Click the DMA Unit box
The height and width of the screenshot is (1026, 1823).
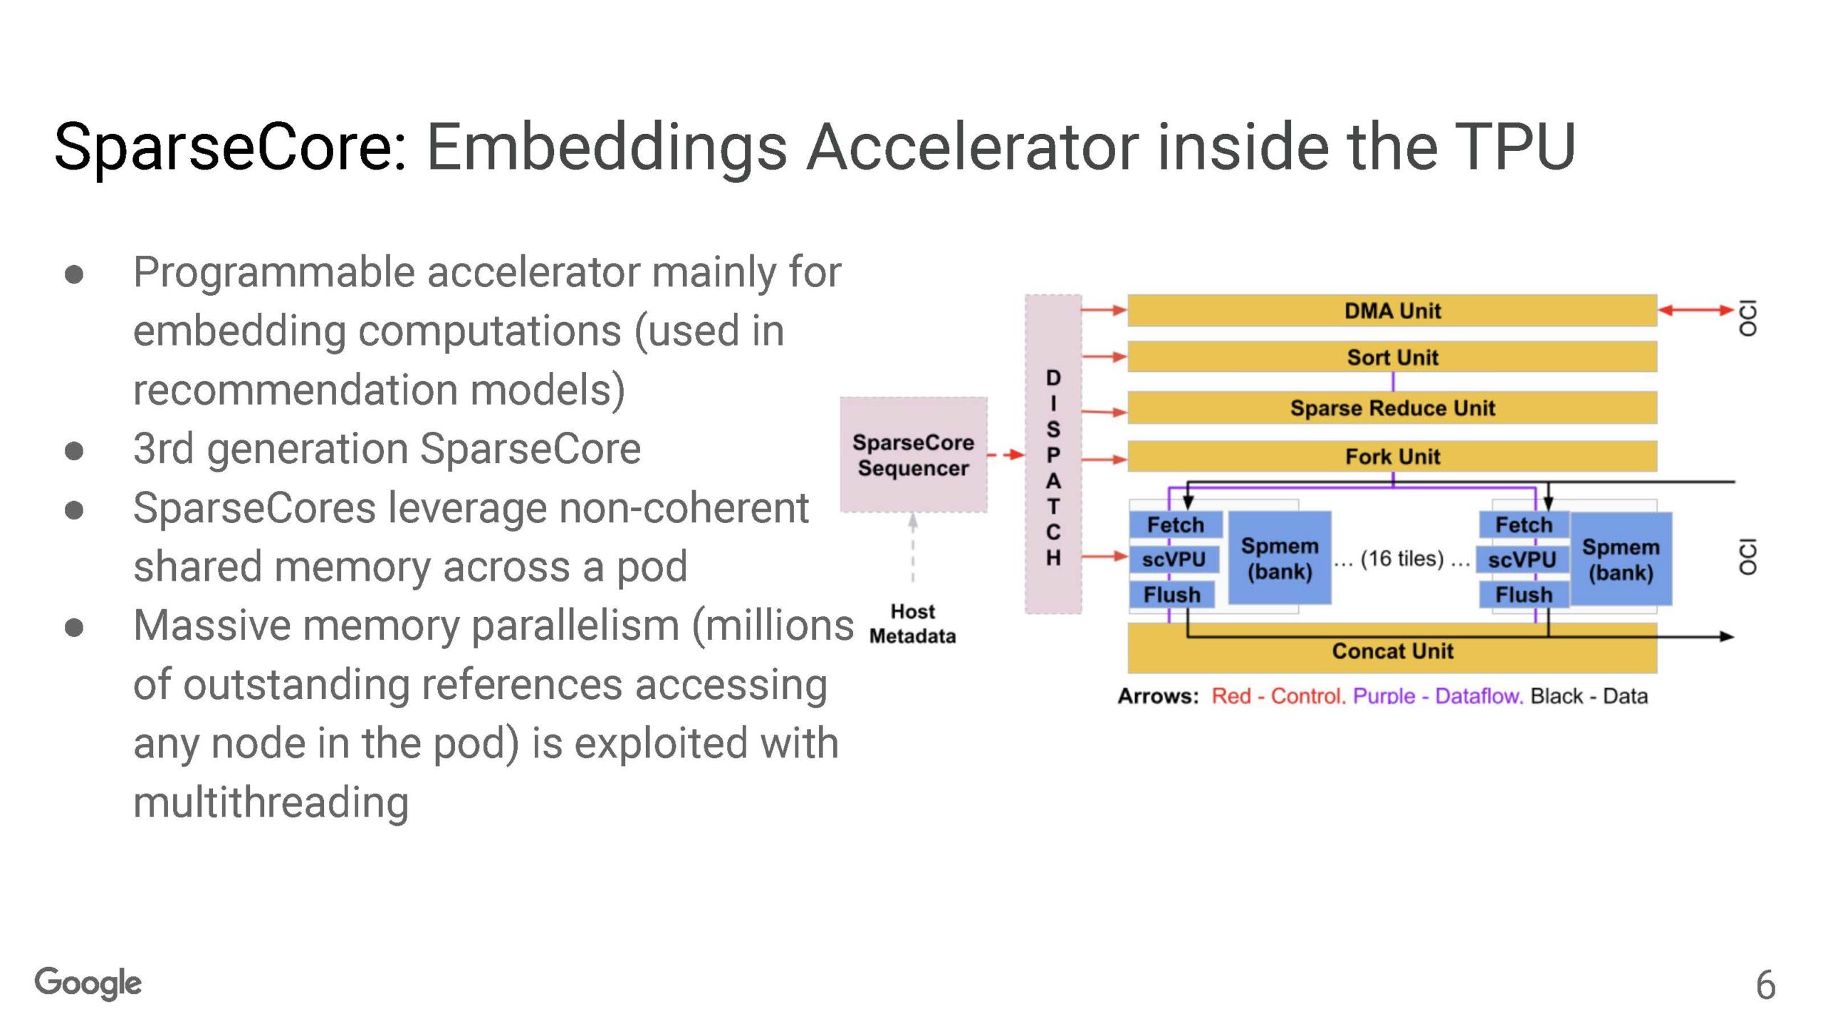pyautogui.click(x=1391, y=311)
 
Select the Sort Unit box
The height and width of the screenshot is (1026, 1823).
pyautogui.click(x=1391, y=357)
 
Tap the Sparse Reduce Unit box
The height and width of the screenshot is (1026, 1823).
pyautogui.click(x=1391, y=408)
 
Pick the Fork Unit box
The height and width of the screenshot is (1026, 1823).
pyautogui.click(x=1391, y=456)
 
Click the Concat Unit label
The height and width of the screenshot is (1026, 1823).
pyautogui.click(x=1391, y=651)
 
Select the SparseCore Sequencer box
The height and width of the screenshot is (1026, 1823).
pyautogui.click(x=913, y=455)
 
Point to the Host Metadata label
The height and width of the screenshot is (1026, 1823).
pyautogui.click(x=912, y=623)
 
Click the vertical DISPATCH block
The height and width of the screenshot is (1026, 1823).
pyautogui.click(x=1052, y=454)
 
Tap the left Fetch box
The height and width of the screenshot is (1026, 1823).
pyautogui.click(x=1175, y=525)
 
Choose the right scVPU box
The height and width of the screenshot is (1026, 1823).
pyautogui.click(x=1522, y=559)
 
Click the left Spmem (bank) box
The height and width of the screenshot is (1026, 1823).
pyautogui.click(x=1280, y=558)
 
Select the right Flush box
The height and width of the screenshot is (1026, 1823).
pyautogui.click(x=1523, y=594)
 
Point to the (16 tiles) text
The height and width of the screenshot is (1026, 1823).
pyautogui.click(x=1401, y=559)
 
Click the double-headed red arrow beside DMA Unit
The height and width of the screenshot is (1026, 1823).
pyautogui.click(x=1696, y=310)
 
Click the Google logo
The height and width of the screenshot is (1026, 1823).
pyautogui.click(x=88, y=983)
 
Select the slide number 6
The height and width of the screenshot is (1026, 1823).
pyautogui.click(x=1765, y=985)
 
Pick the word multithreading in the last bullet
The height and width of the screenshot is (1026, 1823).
pyautogui.click(x=271, y=802)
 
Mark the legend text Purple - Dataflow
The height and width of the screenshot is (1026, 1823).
pyautogui.click(x=1437, y=696)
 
